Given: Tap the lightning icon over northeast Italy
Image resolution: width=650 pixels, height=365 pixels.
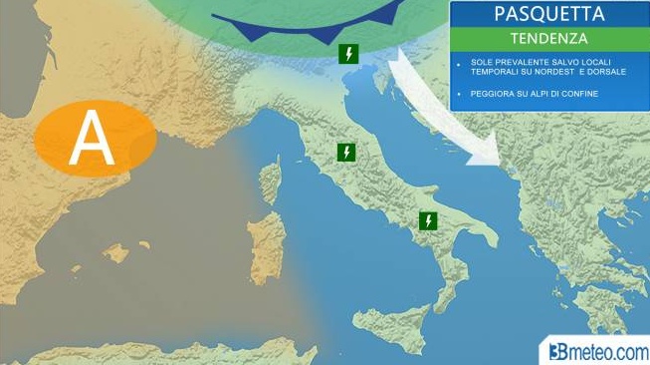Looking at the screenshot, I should [x=348, y=54].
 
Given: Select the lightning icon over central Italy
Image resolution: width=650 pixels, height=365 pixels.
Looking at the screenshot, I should [x=345, y=153].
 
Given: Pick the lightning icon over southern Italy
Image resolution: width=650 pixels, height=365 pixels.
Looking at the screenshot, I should [x=428, y=220].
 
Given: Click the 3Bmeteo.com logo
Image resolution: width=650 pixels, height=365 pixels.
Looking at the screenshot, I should [x=596, y=350].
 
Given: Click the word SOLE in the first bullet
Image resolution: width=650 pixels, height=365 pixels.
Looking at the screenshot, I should [x=479, y=62].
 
